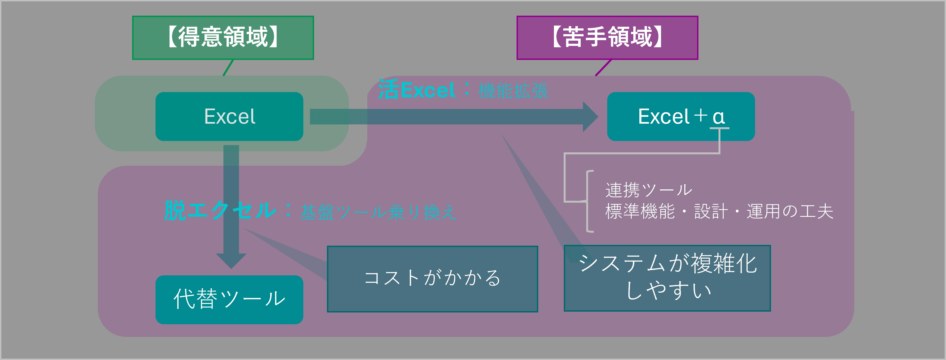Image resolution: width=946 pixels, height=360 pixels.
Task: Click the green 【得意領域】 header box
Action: coord(223,37)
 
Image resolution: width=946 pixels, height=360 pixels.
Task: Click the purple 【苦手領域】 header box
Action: coord(607,37)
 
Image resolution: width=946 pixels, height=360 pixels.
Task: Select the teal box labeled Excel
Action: coord(229,117)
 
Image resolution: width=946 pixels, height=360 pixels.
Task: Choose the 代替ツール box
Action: coord(229,299)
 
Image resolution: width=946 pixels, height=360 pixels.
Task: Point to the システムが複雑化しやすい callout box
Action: coord(667,278)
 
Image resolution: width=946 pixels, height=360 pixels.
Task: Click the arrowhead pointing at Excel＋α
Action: coord(590,117)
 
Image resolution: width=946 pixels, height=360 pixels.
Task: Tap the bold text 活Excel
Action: coord(417,90)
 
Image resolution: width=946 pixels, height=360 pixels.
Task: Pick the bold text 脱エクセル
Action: coord(220,211)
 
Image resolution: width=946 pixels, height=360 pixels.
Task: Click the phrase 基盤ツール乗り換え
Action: coord(378,212)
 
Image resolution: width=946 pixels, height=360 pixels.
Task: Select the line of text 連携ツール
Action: coord(648,190)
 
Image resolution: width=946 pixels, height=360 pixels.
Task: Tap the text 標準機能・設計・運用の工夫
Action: coord(719,212)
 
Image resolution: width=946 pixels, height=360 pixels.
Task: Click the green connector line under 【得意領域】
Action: coord(228,68)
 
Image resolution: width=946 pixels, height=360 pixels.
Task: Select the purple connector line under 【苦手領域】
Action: coord(603,68)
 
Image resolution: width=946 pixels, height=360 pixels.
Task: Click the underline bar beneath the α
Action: coord(719,128)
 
